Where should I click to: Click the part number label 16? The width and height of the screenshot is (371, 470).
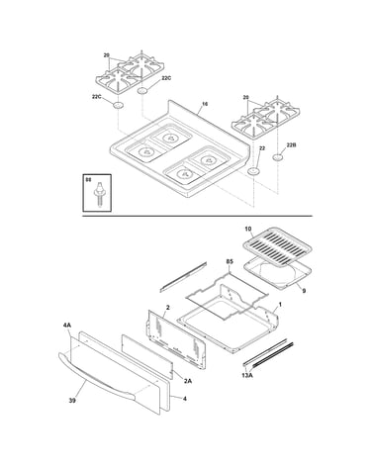coord(205,104)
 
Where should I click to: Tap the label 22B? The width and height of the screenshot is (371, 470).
coord(291,144)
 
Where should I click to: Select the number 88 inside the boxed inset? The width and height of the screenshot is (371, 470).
coord(88,180)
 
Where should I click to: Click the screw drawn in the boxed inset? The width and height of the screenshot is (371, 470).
coord(98,194)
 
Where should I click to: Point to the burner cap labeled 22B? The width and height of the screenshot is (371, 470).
coord(278,157)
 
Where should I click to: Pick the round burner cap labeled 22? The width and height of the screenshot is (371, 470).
coord(253,171)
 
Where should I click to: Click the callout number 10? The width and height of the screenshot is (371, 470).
coord(248,229)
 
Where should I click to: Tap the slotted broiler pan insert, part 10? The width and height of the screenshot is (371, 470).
coord(277,249)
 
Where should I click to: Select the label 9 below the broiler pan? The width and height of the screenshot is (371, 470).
coord(304,291)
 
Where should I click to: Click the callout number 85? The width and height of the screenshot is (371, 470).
coord(230,261)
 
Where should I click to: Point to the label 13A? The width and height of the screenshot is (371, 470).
coord(247,374)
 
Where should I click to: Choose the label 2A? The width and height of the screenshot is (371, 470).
coord(188,381)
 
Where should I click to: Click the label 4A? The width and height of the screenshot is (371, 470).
coord(67,326)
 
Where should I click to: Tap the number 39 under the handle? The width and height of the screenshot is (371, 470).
coord(72,401)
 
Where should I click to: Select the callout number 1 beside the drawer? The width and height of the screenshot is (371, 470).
coord(280,305)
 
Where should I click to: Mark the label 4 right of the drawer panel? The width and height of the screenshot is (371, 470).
coord(185,399)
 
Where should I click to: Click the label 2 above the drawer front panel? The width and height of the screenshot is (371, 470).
coord(167,308)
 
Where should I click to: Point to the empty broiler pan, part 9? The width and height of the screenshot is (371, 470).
coord(277,274)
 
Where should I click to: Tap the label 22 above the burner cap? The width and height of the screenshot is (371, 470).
coord(262,148)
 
